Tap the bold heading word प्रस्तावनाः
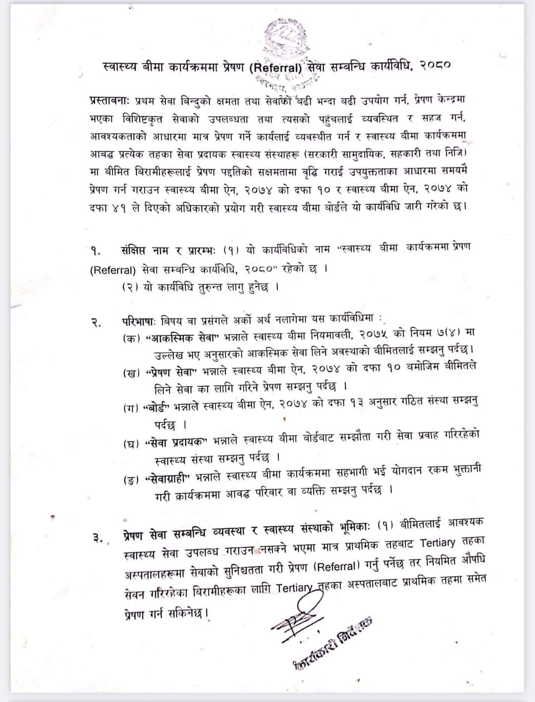(110, 100)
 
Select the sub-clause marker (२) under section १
(130, 288)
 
